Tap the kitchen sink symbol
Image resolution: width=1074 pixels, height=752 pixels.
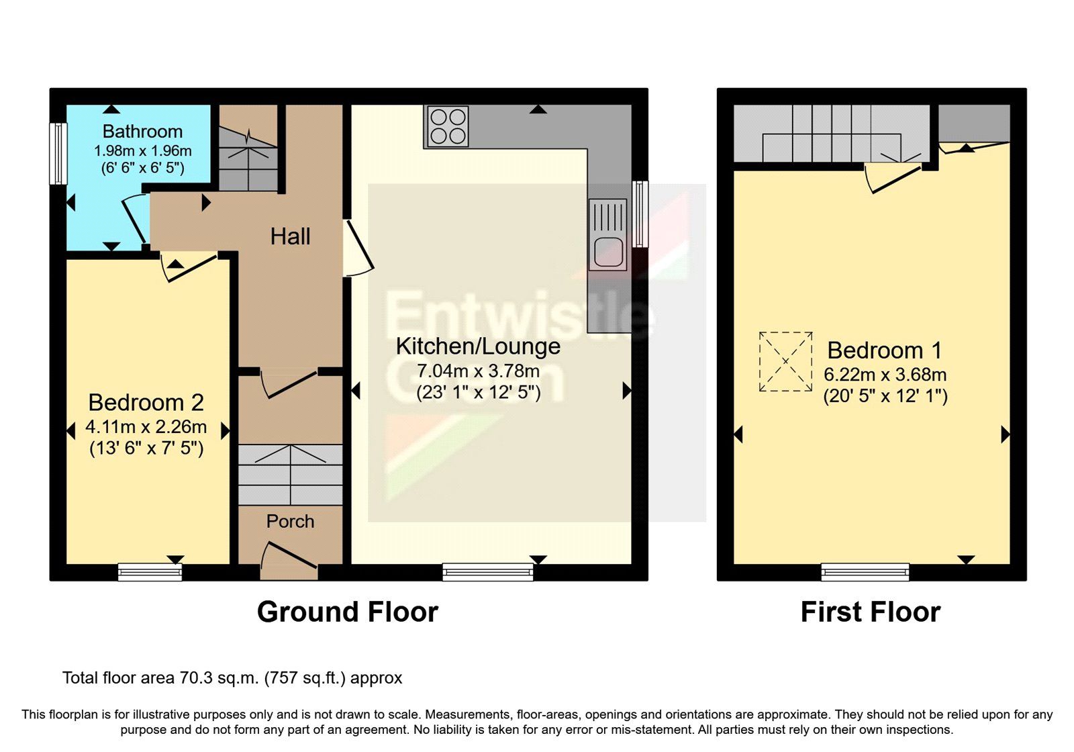(607, 235)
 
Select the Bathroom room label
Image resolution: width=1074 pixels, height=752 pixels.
(142, 132)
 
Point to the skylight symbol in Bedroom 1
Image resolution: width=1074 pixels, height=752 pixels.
(785, 361)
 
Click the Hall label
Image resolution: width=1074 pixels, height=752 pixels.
(290, 236)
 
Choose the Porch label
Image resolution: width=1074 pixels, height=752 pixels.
(290, 521)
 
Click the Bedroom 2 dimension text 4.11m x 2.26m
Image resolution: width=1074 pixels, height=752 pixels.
(146, 427)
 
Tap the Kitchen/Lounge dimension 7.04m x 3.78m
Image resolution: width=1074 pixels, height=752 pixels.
(478, 371)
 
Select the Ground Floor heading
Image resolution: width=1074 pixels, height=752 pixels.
(347, 612)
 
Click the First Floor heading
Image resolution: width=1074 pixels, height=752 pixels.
(870, 612)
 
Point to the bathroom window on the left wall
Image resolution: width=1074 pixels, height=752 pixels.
(59, 153)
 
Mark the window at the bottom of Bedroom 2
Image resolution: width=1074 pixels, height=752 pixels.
(150, 571)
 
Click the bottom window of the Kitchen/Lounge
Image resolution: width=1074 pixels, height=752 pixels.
(487, 571)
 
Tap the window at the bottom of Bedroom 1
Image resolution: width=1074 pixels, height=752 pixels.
(865, 571)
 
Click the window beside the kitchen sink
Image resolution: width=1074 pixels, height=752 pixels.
(641, 214)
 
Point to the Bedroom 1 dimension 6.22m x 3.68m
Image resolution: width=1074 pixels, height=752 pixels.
(885, 375)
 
